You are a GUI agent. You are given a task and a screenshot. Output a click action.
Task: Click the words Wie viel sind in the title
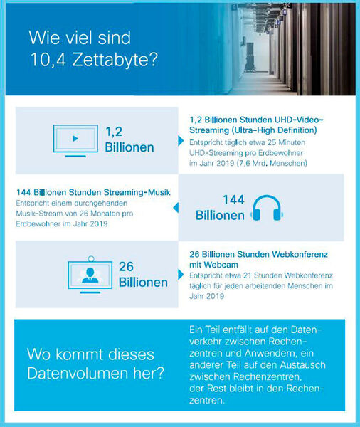click(x=79, y=36)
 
